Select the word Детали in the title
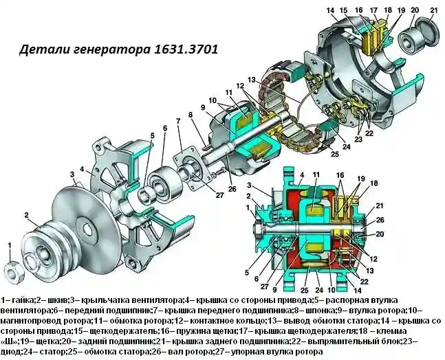tap(43, 50)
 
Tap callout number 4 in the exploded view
tap(82, 168)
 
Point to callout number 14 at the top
tap(331, 10)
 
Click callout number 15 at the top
tap(346, 10)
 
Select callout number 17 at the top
tap(373, 10)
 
